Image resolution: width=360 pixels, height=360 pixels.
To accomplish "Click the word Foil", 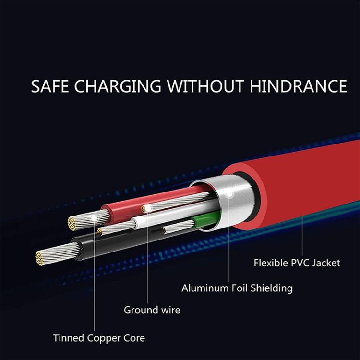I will (x=240, y=288).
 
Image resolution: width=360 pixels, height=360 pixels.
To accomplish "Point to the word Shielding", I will (x=273, y=288).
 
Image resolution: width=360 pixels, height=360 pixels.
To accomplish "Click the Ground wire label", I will (x=152, y=310).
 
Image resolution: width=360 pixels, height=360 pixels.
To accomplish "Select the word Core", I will (x=134, y=338).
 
